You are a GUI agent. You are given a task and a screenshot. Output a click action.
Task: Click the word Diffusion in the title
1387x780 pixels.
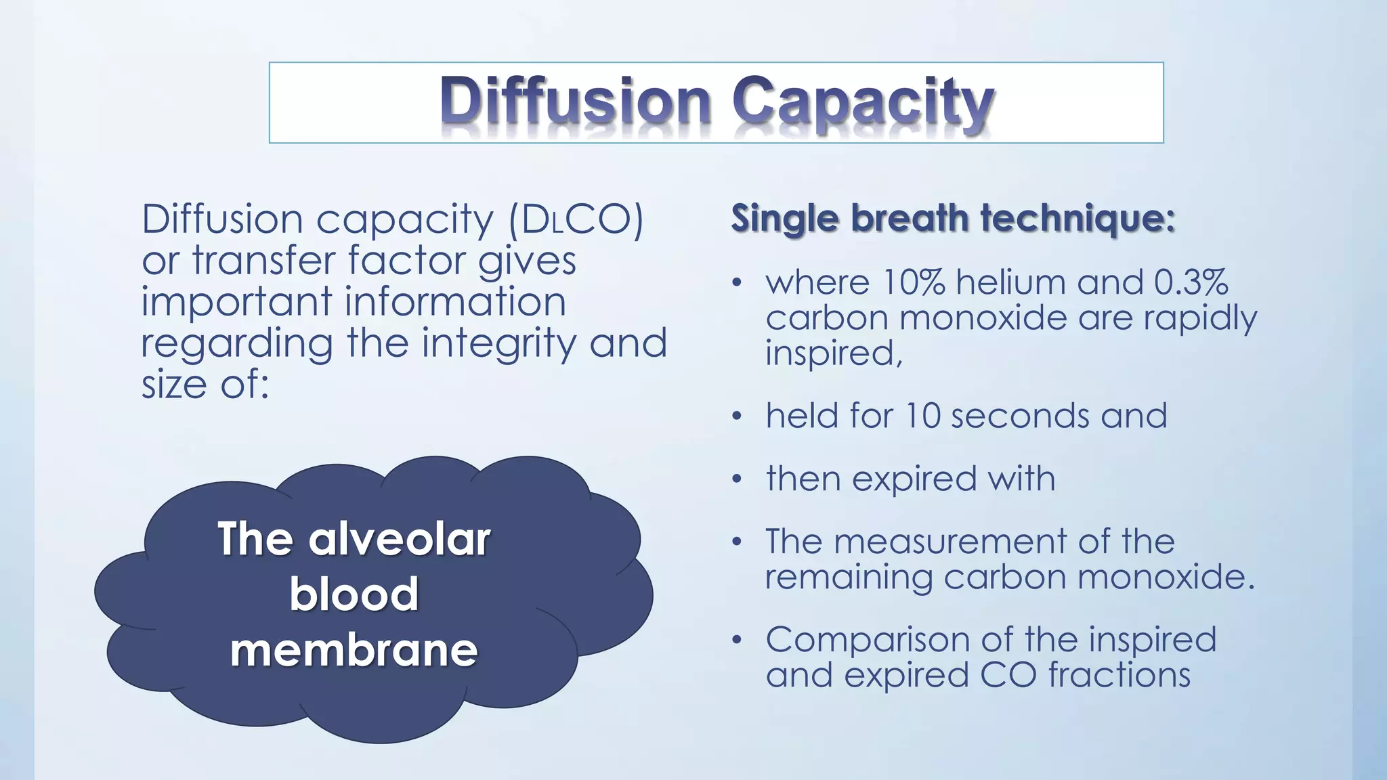(575, 102)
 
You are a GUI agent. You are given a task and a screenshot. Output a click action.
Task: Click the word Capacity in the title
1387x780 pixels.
(863, 104)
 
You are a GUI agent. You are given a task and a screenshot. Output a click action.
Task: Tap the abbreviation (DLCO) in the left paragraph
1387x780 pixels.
(576, 220)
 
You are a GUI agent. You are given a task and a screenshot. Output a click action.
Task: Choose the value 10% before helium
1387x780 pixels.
(914, 282)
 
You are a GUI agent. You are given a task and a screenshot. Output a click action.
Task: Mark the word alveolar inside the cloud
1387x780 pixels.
(399, 540)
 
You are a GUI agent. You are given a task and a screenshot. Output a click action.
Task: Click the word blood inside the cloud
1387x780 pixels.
(354, 594)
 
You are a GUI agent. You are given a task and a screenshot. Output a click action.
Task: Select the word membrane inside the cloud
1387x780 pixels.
(354, 651)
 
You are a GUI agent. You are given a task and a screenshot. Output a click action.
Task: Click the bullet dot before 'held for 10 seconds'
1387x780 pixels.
(737, 416)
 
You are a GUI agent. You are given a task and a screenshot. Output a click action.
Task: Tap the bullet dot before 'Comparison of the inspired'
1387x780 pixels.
(737, 640)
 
